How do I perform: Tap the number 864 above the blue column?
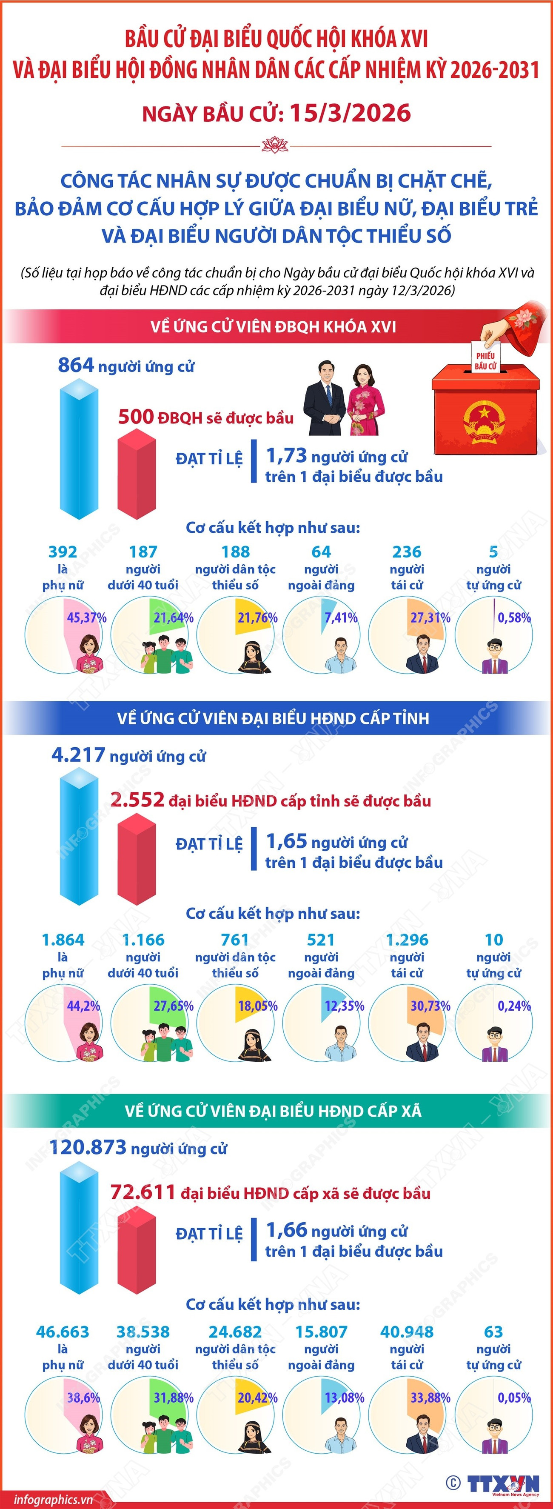click(76, 365)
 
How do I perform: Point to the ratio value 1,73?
click(286, 455)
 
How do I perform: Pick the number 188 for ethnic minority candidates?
click(236, 552)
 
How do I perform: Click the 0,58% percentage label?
click(514, 617)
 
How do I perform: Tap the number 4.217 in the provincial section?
click(79, 754)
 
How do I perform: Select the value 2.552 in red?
click(137, 800)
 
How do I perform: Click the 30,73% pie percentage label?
click(430, 1006)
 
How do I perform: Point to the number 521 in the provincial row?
click(321, 940)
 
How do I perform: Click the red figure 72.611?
click(143, 1192)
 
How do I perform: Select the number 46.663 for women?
click(63, 1332)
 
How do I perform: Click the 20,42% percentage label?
click(258, 1398)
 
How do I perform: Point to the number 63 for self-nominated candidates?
click(493, 1332)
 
